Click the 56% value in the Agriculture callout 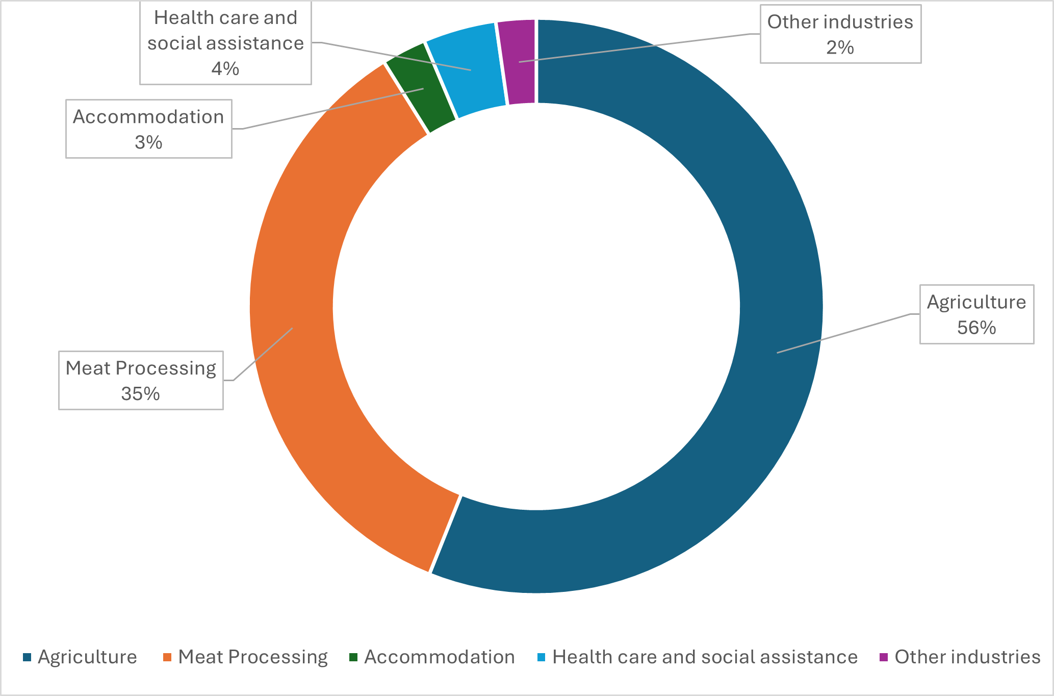coord(976,328)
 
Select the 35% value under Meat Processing coord(141,394)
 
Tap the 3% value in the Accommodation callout coord(148,142)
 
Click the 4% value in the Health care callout coord(225,68)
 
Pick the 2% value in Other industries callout coord(840,48)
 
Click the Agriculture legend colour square coord(27,657)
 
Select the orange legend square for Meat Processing coord(167,657)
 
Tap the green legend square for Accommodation coord(353,657)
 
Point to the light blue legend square coord(542,657)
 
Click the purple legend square coord(884,657)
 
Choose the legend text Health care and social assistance coord(705,657)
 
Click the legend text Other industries coord(967,657)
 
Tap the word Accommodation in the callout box coord(148,117)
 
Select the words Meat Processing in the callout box coord(141,368)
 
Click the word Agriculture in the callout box coord(976,302)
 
